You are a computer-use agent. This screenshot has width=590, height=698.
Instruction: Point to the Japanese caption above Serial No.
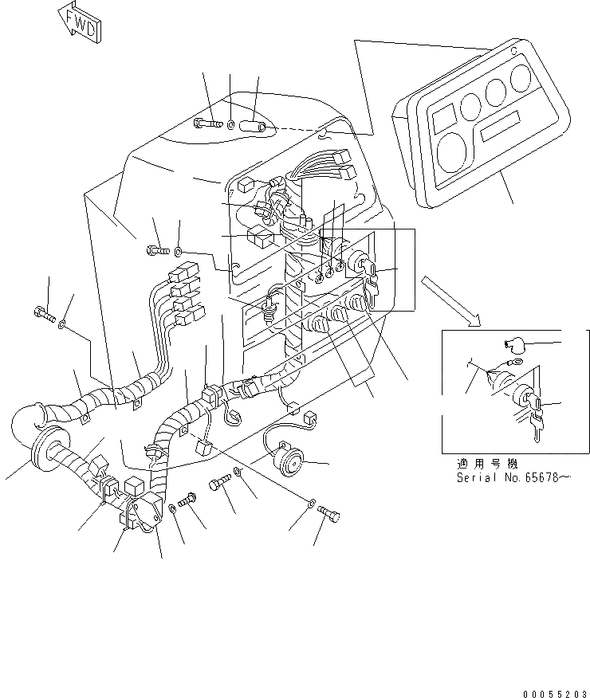click(486, 464)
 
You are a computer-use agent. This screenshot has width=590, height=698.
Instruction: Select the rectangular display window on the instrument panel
click(500, 125)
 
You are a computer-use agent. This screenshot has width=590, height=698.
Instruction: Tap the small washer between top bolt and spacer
click(230, 124)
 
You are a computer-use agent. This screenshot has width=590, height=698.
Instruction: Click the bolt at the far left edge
click(45, 316)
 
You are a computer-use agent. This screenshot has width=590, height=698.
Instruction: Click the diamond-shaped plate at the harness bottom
click(147, 510)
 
